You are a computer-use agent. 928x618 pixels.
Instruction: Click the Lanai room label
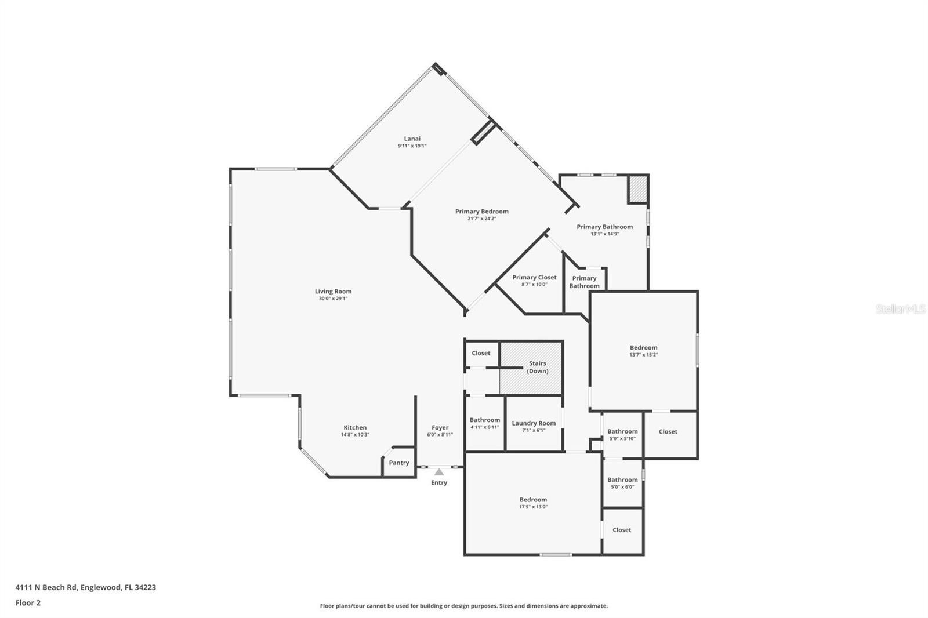click(412, 139)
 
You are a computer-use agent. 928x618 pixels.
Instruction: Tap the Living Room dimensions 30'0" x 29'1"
click(333, 299)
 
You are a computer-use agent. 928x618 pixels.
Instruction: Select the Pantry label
click(398, 463)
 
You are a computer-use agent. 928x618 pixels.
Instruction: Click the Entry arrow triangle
click(439, 472)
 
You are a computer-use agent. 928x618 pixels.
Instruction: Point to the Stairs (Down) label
click(537, 367)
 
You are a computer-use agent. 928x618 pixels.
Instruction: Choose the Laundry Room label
click(534, 423)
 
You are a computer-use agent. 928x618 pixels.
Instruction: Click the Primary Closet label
click(534, 277)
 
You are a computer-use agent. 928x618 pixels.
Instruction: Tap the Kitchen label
click(355, 427)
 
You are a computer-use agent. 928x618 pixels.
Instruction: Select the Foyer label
click(440, 427)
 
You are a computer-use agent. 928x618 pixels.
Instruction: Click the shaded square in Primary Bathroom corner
click(637, 190)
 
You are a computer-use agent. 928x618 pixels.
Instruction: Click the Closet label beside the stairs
click(481, 353)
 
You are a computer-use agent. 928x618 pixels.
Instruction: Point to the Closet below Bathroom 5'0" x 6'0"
click(622, 530)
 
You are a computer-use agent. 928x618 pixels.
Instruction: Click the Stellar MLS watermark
click(900, 310)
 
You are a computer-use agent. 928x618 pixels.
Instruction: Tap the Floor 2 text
click(28, 603)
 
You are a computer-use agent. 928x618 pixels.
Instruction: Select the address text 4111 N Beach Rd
click(46, 587)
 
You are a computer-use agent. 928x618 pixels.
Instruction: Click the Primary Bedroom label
click(481, 212)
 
